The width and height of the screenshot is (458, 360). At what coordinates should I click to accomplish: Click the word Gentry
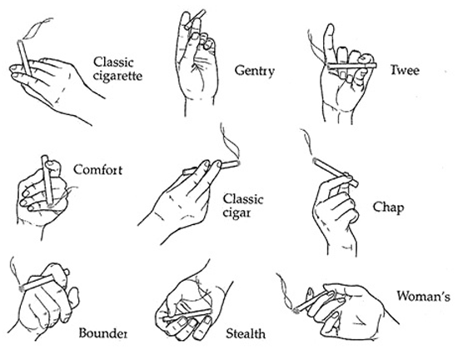pyautogui.click(x=255, y=71)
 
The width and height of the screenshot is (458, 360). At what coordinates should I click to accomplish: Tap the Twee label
pyautogui.click(x=405, y=70)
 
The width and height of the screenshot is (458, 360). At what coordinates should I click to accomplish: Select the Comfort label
pyautogui.click(x=98, y=170)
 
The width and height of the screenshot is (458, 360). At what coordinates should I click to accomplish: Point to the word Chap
pyautogui.click(x=388, y=207)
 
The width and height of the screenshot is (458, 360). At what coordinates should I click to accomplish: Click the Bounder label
pyautogui.click(x=102, y=333)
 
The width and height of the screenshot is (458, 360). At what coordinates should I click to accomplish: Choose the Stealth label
pyautogui.click(x=246, y=333)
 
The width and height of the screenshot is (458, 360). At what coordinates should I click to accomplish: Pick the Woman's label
pyautogui.click(x=423, y=296)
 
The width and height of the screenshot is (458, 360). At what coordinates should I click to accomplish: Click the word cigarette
pyautogui.click(x=117, y=77)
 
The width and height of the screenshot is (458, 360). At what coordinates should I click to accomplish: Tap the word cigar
pyautogui.click(x=236, y=213)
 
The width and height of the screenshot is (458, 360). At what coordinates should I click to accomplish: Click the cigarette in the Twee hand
pyautogui.click(x=351, y=66)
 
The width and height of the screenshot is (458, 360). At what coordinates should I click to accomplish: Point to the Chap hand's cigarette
pyautogui.click(x=336, y=172)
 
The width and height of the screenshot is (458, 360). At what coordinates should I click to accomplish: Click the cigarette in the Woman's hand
pyautogui.click(x=311, y=301)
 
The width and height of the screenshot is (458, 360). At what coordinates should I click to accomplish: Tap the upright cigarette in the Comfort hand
pyautogui.click(x=47, y=180)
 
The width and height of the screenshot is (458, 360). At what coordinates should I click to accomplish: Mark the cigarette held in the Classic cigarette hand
pyautogui.click(x=24, y=57)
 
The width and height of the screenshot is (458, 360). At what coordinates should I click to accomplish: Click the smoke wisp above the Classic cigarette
pyautogui.click(x=37, y=28)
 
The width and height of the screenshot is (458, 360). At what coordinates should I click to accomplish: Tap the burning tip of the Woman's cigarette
pyautogui.click(x=296, y=311)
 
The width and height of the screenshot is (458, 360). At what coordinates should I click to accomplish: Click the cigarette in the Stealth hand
pyautogui.click(x=187, y=315)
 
